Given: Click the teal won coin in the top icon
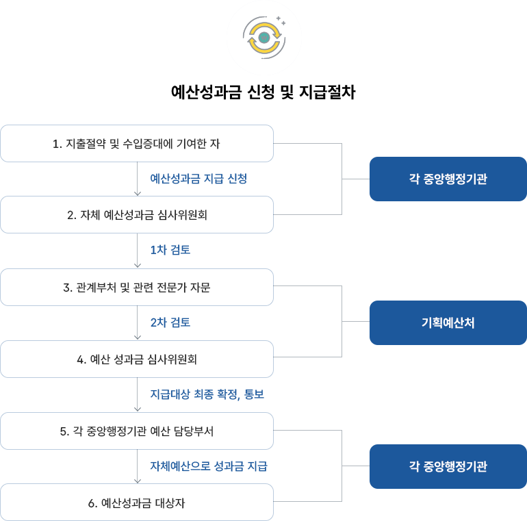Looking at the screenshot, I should click(264, 37).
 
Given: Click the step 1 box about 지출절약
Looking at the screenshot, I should click(137, 144).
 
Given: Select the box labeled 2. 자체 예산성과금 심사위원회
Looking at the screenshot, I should click(137, 215).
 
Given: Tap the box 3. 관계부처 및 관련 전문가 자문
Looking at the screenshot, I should click(137, 288).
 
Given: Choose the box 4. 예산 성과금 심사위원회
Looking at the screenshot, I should click(137, 359).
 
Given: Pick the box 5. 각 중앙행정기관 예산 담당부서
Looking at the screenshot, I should click(137, 431).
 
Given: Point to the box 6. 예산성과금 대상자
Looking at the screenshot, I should click(137, 503).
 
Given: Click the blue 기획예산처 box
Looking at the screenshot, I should click(448, 323).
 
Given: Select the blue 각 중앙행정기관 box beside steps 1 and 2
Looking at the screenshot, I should click(448, 179).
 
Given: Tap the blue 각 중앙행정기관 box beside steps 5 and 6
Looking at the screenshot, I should click(448, 467).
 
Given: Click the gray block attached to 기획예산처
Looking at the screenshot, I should click(322, 322).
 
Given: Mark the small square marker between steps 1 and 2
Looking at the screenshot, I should click(137, 193).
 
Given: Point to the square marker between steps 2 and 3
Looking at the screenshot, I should click(137, 265).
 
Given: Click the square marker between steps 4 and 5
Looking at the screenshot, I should click(137, 409).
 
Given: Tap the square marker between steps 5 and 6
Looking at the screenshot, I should click(137, 481).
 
